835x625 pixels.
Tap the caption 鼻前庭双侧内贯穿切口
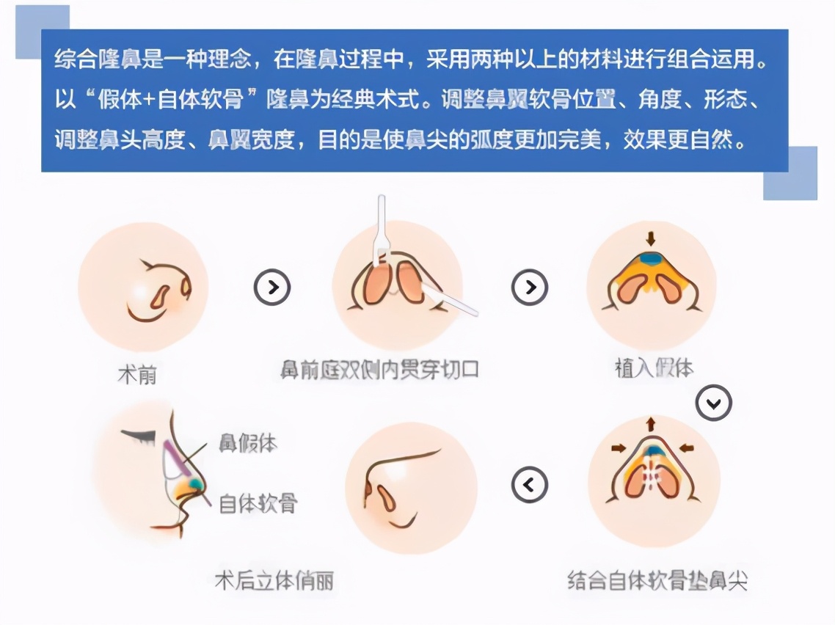click(x=379, y=368)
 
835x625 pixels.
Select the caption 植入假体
click(x=653, y=367)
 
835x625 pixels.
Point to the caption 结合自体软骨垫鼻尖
click(x=657, y=581)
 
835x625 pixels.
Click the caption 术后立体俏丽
click(x=274, y=581)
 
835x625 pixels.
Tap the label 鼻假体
click(x=248, y=442)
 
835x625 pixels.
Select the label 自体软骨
click(x=258, y=503)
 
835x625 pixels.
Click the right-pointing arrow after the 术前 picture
click(x=272, y=287)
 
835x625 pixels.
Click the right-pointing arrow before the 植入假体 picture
click(x=529, y=287)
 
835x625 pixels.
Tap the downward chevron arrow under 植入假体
click(x=714, y=403)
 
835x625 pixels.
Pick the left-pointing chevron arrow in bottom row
click(x=529, y=485)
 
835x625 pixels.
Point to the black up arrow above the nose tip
click(x=650, y=423)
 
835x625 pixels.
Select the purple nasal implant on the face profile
click(x=173, y=456)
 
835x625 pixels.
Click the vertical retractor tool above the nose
click(x=381, y=227)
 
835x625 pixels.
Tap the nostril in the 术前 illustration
click(x=159, y=294)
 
